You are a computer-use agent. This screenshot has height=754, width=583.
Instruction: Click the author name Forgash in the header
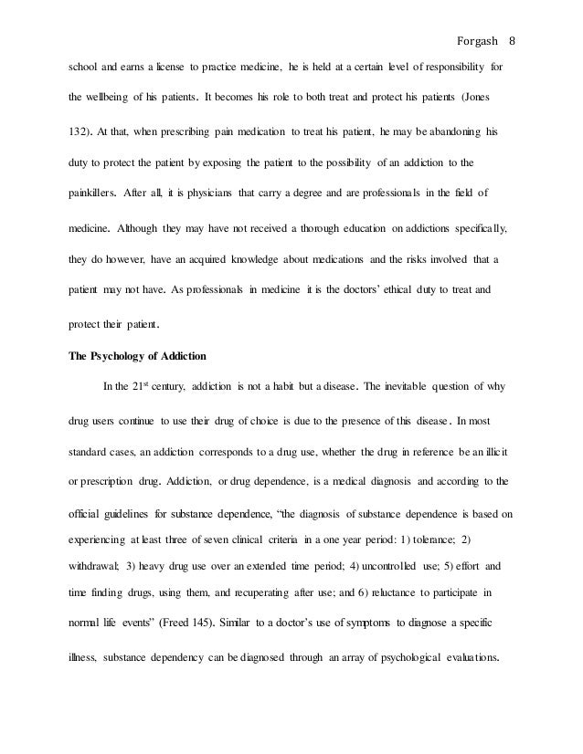point(474,16)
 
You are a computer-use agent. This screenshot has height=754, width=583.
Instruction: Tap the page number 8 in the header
point(512,16)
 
